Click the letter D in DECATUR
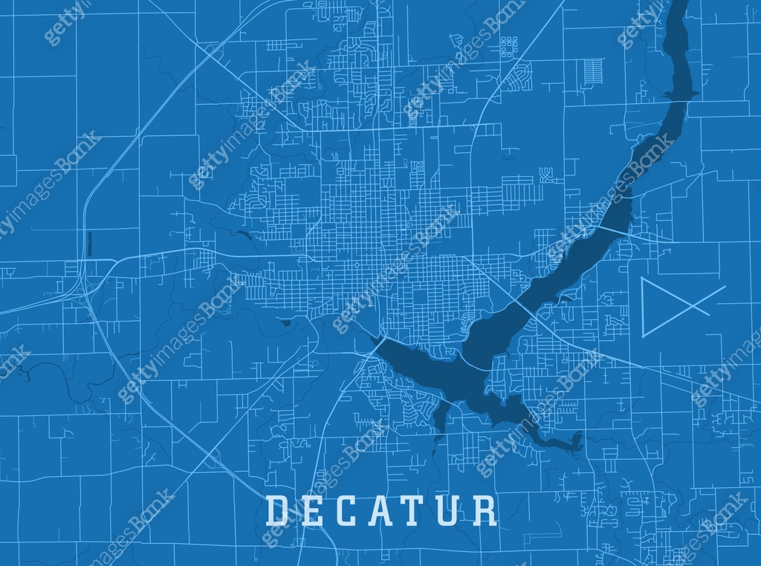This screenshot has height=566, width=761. [277, 510]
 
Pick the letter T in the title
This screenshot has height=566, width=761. [416, 510]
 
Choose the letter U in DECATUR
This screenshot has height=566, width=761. [450, 510]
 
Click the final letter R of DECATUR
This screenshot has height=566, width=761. [485, 510]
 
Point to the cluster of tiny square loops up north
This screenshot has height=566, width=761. [508, 47]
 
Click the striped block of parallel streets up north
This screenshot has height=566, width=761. [593, 71]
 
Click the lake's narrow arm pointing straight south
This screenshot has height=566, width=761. [438, 416]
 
